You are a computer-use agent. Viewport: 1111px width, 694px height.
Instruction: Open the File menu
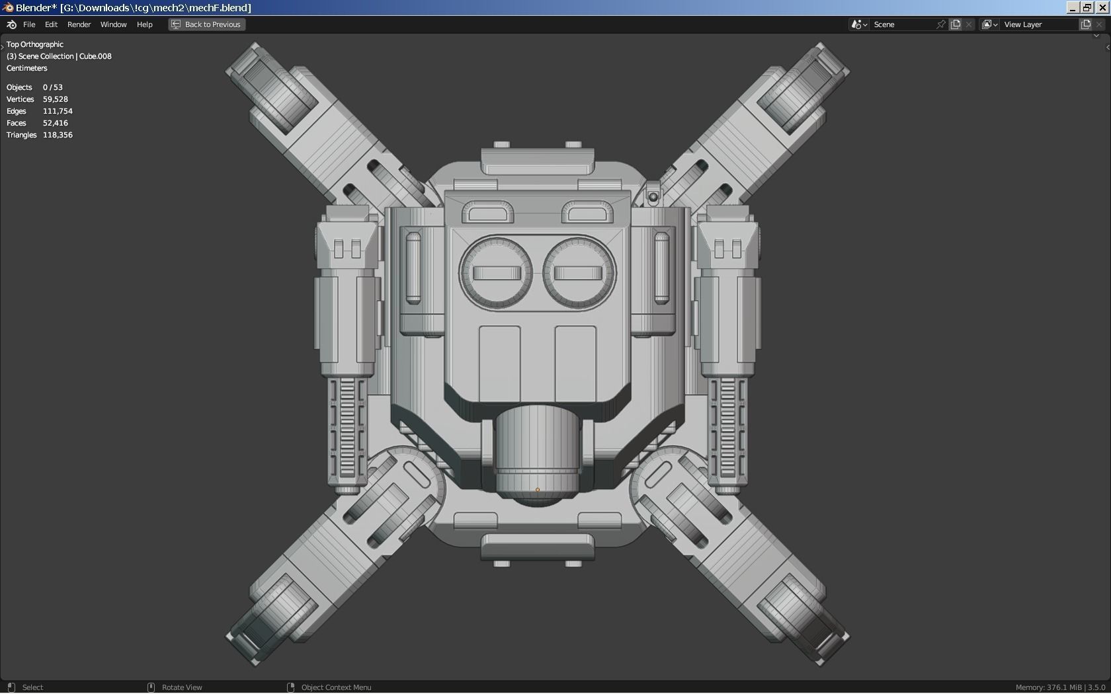[x=29, y=24]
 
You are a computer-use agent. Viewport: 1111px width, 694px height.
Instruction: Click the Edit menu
[x=51, y=24]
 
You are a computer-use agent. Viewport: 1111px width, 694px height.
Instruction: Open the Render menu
[x=79, y=24]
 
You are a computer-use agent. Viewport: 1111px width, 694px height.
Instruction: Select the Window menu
[x=113, y=24]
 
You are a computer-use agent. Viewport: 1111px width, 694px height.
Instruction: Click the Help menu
[x=144, y=24]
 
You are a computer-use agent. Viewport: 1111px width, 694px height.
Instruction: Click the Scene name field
[x=902, y=24]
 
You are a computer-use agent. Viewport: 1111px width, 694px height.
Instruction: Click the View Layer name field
[x=1038, y=24]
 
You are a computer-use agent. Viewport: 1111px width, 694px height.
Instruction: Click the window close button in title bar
[x=1102, y=7]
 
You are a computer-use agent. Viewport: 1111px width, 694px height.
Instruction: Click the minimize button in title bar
[x=1073, y=7]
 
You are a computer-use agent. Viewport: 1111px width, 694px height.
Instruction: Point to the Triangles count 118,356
[x=58, y=135]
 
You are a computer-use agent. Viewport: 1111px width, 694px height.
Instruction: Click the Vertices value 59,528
[x=56, y=99]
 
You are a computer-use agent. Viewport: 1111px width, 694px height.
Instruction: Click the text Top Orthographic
[x=35, y=44]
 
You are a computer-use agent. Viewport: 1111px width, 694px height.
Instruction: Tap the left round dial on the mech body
[x=495, y=273]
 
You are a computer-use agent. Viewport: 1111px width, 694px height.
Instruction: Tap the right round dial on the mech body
[x=579, y=273]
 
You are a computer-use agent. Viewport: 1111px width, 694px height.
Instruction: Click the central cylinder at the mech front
[x=537, y=449]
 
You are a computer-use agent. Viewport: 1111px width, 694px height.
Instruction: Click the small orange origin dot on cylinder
[x=537, y=490]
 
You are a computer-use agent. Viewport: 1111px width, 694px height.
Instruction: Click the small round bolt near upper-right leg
[x=653, y=196]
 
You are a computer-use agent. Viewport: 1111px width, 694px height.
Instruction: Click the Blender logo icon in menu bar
[x=11, y=24]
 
